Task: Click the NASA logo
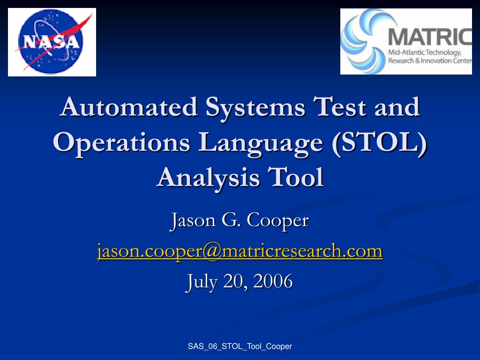52,42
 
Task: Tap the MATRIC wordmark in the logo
430,37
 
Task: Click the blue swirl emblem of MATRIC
363,41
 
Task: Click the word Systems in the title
255,108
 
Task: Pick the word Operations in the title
121,143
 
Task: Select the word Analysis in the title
208,178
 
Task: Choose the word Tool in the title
296,177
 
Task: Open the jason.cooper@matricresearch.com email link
240,251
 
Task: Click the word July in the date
202,282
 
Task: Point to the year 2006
273,281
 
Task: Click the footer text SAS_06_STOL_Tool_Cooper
240,346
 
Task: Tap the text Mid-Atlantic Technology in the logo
425,52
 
